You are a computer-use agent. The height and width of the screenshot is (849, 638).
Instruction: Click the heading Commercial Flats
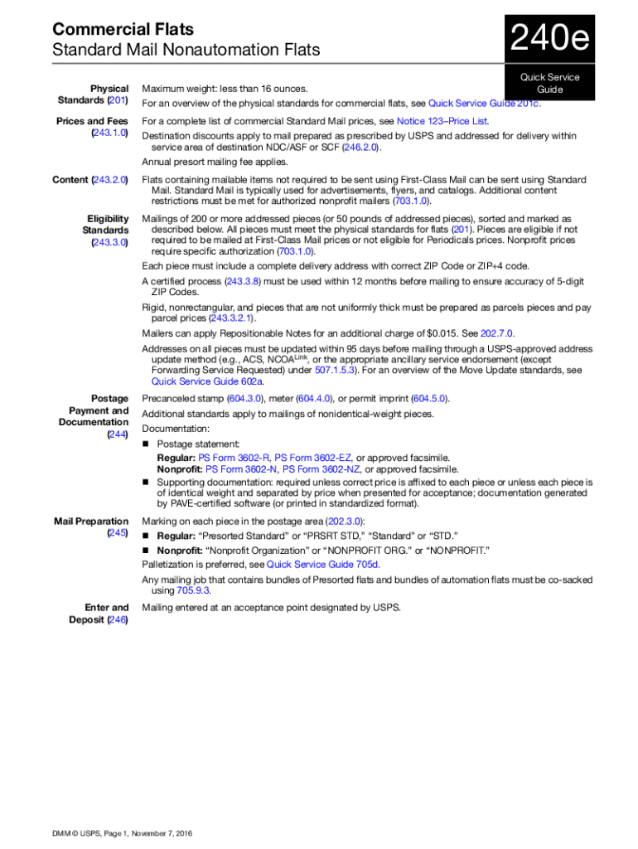[x=123, y=29]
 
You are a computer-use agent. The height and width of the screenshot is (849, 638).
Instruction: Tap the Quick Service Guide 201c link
[x=484, y=104]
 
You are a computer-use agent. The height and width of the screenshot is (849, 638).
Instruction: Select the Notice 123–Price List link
[x=442, y=121]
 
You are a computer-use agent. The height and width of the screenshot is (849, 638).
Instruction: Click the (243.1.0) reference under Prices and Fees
[x=109, y=133]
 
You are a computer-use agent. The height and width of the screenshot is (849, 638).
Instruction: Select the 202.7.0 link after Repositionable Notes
[x=497, y=334]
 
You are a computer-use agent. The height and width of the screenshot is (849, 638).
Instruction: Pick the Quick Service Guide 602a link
[x=207, y=381]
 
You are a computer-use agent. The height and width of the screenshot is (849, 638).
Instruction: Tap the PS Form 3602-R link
[x=234, y=458]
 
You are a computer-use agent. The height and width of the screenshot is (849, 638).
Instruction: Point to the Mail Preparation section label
[x=91, y=522]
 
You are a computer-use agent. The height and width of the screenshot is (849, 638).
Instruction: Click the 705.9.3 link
[x=193, y=591]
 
